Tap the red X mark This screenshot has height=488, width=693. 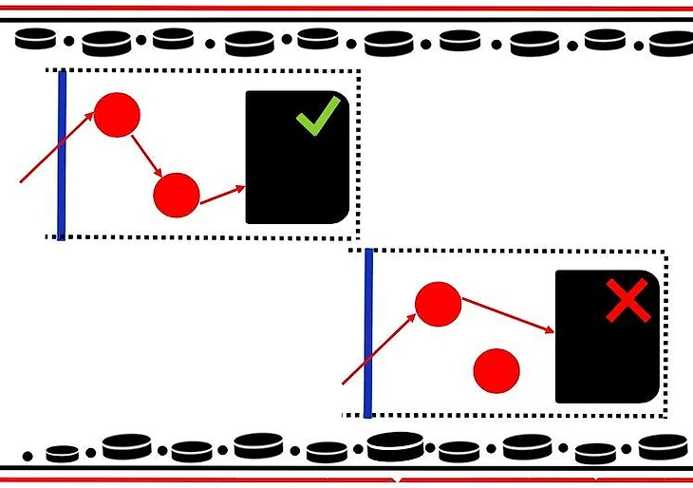(627, 303)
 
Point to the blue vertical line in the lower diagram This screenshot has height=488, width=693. (368, 332)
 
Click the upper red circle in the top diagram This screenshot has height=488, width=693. (117, 114)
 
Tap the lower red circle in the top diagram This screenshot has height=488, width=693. (177, 196)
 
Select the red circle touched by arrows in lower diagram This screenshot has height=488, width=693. (438, 305)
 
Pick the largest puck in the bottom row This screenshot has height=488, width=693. (395, 444)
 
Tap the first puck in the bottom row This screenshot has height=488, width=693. (63, 454)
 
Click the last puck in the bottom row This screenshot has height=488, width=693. (662, 445)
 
